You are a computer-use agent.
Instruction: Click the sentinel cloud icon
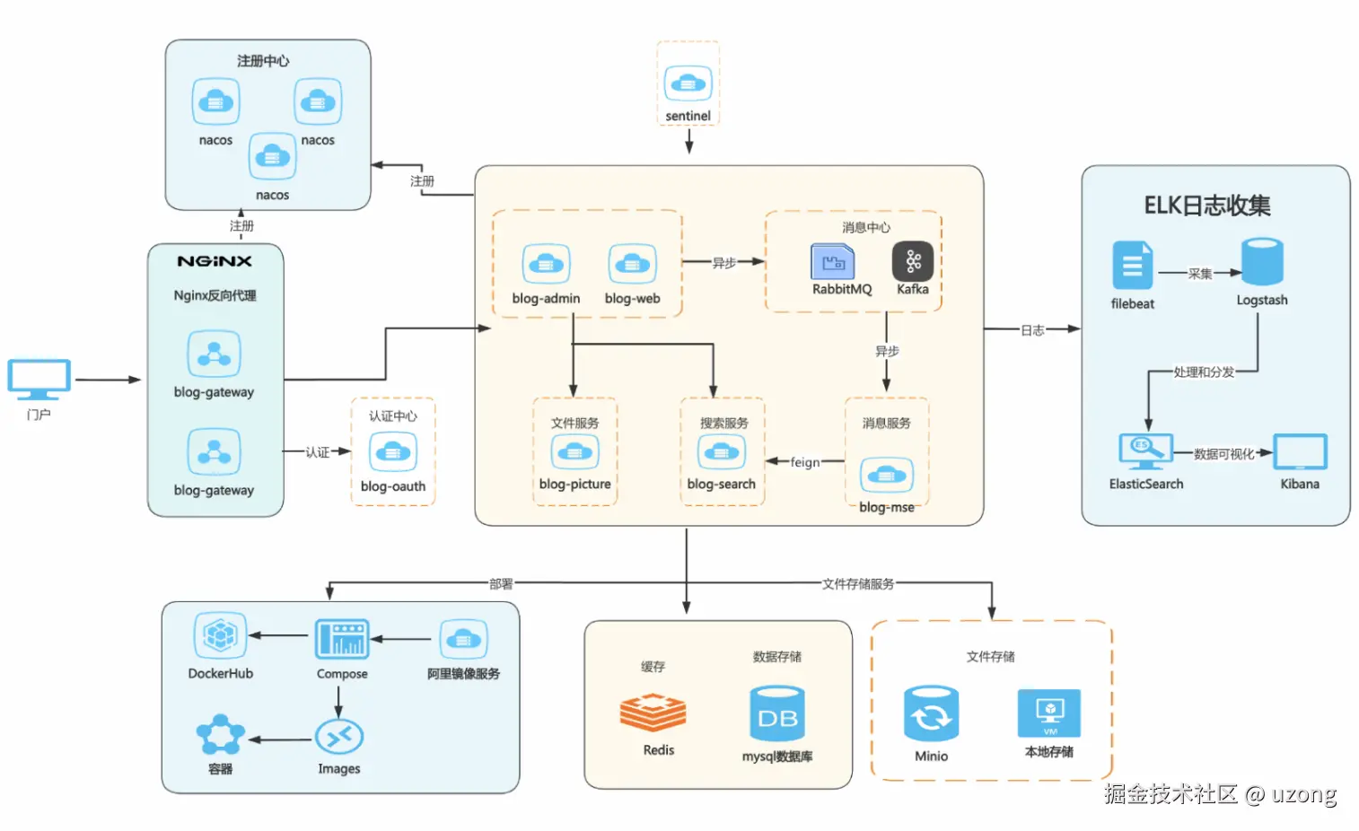(688, 83)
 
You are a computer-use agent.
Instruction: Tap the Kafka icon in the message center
(912, 261)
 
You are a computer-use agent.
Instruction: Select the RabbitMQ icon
(833, 261)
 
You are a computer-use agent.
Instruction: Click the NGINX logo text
(215, 261)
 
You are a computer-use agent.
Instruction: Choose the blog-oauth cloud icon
(393, 451)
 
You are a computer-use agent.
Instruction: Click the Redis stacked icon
(653, 713)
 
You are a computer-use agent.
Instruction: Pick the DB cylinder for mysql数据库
(777, 714)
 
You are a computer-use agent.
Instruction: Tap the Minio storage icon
(931, 714)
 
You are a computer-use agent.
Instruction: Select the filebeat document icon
(1132, 265)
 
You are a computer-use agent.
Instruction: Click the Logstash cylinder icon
(1262, 262)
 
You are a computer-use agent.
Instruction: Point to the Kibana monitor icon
(1300, 451)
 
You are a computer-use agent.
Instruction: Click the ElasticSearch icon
(1145, 451)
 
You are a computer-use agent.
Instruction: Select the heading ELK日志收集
(1206, 206)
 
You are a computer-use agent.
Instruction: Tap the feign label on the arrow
(804, 462)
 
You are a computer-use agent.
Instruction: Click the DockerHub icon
(220, 636)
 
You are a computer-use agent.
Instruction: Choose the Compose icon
(341, 639)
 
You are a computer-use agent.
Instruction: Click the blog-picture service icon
(574, 451)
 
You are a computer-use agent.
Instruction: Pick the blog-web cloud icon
(632, 264)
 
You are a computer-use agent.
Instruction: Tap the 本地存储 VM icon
(1048, 713)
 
